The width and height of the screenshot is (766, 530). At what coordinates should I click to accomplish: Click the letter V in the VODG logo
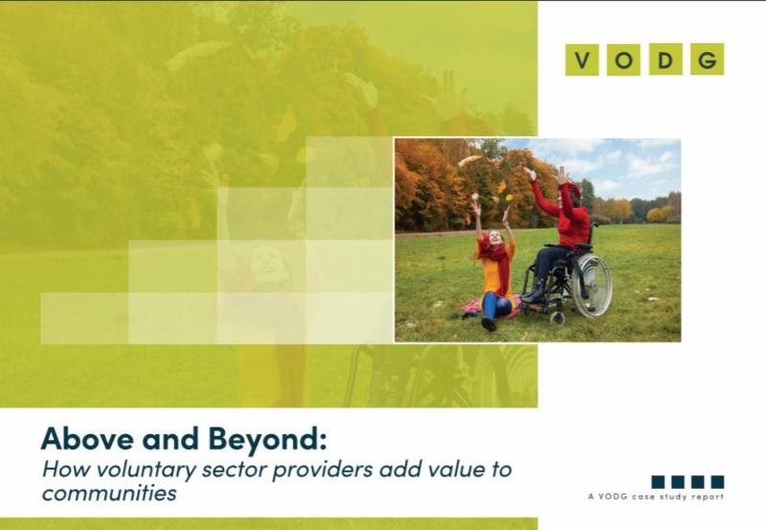coord(582,59)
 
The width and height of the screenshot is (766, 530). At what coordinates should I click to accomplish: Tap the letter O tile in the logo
coord(623,59)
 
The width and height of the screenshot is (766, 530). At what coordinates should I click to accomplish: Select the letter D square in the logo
coord(665,59)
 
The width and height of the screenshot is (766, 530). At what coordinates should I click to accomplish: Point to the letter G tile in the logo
coord(708,59)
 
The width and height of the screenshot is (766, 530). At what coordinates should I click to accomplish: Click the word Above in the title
coord(87,438)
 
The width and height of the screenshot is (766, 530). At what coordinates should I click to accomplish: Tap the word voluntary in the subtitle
coord(146,470)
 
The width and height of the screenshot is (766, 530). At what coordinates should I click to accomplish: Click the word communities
coord(109,493)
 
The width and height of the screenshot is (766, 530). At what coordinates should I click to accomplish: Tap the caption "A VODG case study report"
coord(656,496)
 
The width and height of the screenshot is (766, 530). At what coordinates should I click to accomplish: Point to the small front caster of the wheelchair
coord(556,318)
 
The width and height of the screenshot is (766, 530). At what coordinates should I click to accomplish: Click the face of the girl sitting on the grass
coord(494,238)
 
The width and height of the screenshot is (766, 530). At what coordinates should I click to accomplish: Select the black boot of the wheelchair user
coord(534,291)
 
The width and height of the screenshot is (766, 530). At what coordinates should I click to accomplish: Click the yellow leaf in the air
coord(509,197)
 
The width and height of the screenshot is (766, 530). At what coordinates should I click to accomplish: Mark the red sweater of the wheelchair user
coord(567,214)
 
